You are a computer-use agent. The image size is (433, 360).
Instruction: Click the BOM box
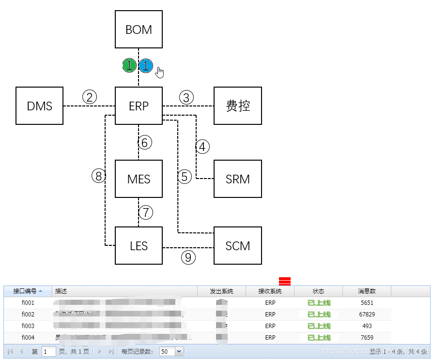[x=139, y=30]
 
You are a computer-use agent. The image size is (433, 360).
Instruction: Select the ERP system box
[x=139, y=106]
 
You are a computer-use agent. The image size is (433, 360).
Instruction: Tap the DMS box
[x=40, y=106]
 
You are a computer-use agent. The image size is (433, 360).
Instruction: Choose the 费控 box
[x=238, y=106]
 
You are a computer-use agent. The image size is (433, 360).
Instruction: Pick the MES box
[x=139, y=179]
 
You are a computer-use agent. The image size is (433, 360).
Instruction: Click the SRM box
[x=238, y=179]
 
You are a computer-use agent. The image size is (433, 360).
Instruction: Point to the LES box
[x=139, y=246]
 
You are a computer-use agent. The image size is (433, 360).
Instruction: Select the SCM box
[x=238, y=246]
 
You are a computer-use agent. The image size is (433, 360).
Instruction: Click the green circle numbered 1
[x=129, y=65]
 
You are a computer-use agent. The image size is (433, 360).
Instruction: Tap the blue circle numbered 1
[x=146, y=65]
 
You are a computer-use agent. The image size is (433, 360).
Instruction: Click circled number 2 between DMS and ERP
[x=90, y=97]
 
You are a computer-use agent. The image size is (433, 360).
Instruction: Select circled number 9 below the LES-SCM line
[x=188, y=257]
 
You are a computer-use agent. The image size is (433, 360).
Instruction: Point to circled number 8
[x=99, y=176]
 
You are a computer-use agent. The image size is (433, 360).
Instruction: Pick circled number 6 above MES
[x=144, y=143]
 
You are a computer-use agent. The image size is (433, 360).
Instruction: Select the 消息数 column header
[x=367, y=291]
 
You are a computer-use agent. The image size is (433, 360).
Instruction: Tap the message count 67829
[x=367, y=315]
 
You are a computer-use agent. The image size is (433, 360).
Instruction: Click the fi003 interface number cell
[x=28, y=326]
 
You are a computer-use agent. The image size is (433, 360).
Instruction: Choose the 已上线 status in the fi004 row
[x=319, y=338]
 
